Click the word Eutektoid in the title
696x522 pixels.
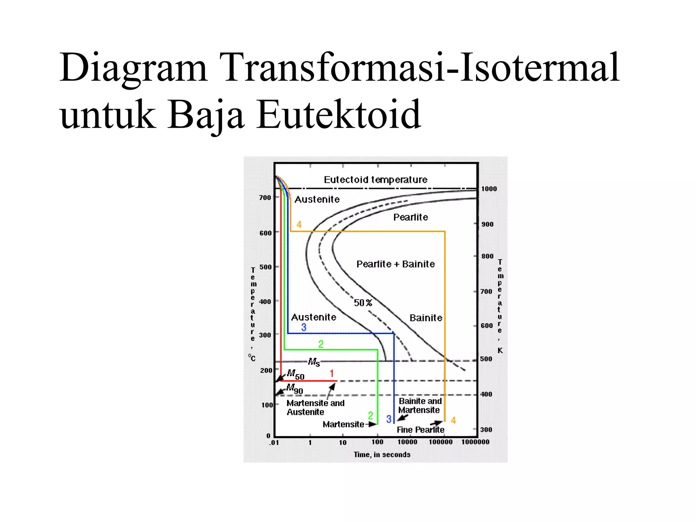(x=338, y=115)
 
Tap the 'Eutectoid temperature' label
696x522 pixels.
(x=376, y=179)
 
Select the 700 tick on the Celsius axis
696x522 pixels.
(x=265, y=197)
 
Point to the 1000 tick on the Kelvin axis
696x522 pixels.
(x=489, y=189)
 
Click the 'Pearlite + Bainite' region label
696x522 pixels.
(x=396, y=264)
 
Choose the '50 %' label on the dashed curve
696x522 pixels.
(x=363, y=302)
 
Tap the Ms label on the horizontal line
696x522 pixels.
(x=314, y=362)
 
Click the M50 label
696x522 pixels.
(x=295, y=374)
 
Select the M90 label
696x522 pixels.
(x=294, y=388)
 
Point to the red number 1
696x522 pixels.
(x=332, y=373)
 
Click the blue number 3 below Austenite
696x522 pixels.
(x=303, y=327)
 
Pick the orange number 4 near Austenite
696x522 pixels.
(x=299, y=224)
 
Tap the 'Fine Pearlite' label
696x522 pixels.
(x=420, y=430)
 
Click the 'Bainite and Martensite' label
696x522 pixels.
(x=420, y=405)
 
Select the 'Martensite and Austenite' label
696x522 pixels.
(x=315, y=407)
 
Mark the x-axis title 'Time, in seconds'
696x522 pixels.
(x=382, y=455)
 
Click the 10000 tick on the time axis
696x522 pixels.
(x=407, y=442)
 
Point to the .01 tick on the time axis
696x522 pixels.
(x=274, y=442)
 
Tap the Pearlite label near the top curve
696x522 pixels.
(x=411, y=217)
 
